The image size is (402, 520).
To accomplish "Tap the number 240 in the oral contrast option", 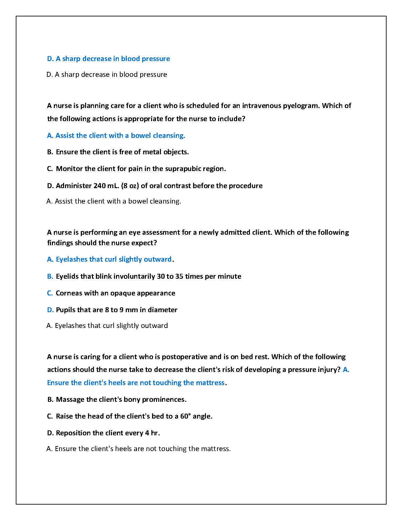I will pyautogui.click(x=100, y=186).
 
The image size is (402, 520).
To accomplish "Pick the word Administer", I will pyautogui.click(x=74, y=186).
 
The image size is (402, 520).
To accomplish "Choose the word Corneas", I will pyautogui.click(x=69, y=293).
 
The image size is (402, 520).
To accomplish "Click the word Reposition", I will pyautogui.click(x=72, y=433).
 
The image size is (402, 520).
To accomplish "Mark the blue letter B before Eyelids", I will pyautogui.click(x=50, y=276).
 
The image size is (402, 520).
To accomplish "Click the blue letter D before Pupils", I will pyautogui.click(x=50, y=310).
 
